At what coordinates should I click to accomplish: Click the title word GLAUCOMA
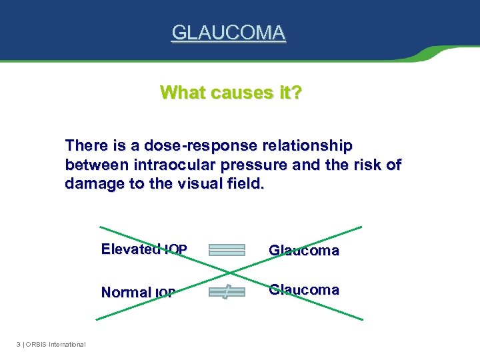pos(229,32)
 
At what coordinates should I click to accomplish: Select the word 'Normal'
pos(126,292)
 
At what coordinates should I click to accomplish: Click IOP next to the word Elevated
pos(176,250)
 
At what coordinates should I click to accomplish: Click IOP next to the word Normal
pos(165,293)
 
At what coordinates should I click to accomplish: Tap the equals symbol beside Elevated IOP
pos(227,250)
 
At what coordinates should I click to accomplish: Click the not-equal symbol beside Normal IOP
pos(227,291)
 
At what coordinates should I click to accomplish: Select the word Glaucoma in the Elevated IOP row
pos(303,251)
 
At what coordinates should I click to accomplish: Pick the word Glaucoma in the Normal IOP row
pos(303,289)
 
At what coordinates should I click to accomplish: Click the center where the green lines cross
pos(230,272)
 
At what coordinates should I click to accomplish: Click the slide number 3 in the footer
pos(18,344)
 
